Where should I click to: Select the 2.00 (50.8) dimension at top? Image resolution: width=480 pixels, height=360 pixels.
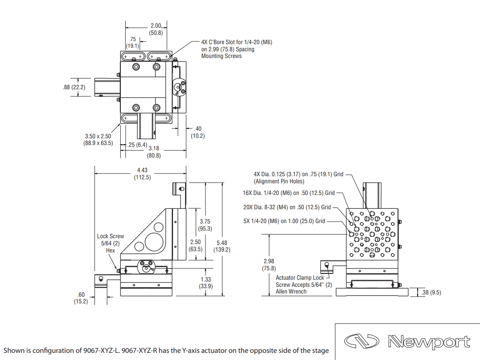156,29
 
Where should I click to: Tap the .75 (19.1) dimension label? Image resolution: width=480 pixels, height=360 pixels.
132,43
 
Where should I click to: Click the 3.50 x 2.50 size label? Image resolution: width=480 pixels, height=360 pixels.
98,140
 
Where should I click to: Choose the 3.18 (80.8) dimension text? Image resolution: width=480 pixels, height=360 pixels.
154,152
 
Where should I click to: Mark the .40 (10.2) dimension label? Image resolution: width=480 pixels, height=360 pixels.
197,132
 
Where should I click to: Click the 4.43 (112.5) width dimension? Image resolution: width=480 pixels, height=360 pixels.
142,174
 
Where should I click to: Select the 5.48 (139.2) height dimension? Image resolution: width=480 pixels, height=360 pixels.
222,246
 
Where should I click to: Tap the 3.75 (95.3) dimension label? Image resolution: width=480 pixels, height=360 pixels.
205,225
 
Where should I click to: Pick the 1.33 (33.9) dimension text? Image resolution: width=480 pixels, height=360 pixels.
205,283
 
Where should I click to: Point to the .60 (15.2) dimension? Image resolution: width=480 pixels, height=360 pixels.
81,298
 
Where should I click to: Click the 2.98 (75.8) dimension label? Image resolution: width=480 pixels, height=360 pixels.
269,265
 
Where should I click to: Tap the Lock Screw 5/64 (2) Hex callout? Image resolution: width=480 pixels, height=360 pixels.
110,243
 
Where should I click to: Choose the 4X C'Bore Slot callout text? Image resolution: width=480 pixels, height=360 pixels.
236,49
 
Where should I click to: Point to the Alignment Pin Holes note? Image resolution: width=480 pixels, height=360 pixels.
279,181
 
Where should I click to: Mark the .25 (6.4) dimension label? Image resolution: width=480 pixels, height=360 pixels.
137,145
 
